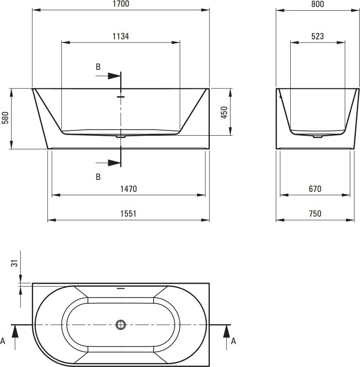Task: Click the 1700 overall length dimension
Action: click(121, 4)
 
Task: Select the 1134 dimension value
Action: click(121, 36)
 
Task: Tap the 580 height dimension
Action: click(5, 118)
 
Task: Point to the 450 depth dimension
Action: click(224, 112)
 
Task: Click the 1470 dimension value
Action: click(129, 189)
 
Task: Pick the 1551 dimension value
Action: click(129, 214)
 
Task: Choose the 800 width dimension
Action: click(318, 4)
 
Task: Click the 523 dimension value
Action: click(318, 36)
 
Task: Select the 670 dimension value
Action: click(315, 189)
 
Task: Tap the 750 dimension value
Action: click(315, 214)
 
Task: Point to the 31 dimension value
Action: click(14, 264)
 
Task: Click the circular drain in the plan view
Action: click(121, 325)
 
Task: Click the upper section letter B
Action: click(98, 67)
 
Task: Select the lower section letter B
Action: click(98, 177)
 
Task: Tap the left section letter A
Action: click(3, 341)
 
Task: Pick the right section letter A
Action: click(233, 341)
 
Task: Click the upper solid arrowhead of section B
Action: click(114, 76)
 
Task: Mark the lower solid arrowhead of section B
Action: click(114, 163)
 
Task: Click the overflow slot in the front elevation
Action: click(121, 96)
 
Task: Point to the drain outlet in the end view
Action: click(318, 136)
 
